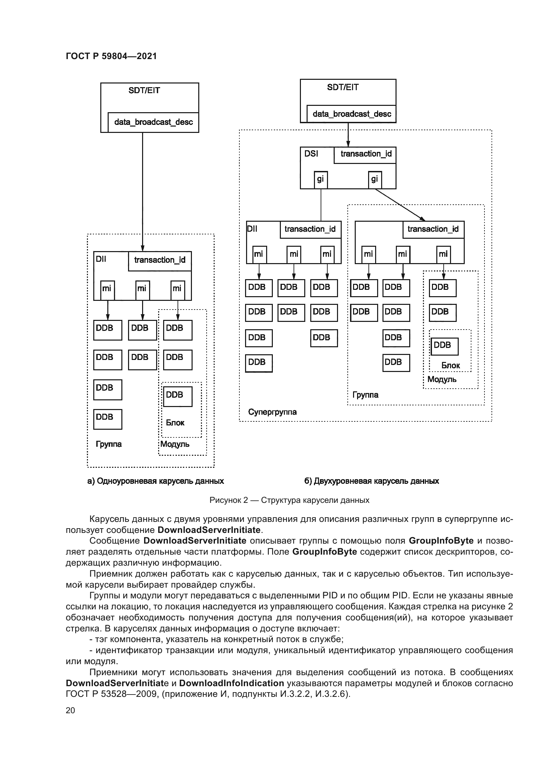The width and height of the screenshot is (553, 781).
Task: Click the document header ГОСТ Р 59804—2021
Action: tap(111, 56)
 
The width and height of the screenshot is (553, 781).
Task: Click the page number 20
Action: tap(70, 710)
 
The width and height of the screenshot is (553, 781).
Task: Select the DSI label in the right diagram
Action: tap(311, 154)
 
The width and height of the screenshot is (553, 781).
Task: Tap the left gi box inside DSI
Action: tap(320, 180)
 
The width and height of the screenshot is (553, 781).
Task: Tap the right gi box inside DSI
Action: tap(374, 180)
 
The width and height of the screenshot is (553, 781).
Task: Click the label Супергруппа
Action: tap(272, 412)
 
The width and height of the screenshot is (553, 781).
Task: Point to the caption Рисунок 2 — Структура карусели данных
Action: tap(289, 500)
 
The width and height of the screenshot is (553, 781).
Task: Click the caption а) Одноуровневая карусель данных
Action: tap(155, 481)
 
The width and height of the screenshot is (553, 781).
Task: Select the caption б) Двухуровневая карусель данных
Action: tap(371, 481)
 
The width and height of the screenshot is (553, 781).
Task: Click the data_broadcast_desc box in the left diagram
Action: tap(153, 122)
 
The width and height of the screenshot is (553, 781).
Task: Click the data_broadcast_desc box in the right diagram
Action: tap(351, 114)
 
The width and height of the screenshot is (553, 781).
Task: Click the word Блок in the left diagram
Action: tap(175, 423)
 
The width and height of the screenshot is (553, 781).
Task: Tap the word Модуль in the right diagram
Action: tap(442, 379)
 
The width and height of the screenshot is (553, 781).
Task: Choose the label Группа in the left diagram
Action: tap(109, 444)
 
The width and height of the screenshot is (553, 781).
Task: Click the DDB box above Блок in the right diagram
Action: tap(444, 346)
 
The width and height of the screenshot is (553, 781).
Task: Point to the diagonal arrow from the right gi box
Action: tap(400, 204)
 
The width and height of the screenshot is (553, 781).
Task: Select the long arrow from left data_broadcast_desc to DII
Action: tap(143, 190)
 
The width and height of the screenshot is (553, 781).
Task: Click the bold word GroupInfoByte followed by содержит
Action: tap(325, 551)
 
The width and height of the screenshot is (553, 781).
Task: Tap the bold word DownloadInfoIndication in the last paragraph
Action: tap(232, 683)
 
